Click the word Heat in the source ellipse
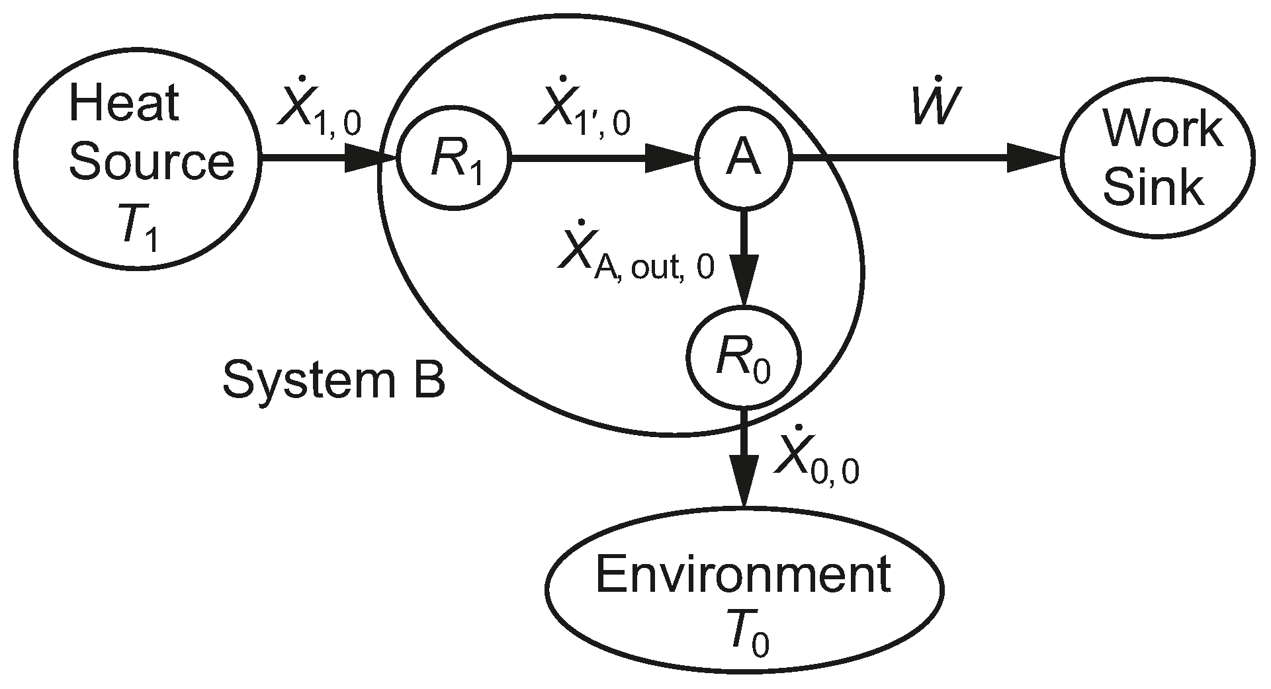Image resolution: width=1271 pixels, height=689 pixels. click(124, 104)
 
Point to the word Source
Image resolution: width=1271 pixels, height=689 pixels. click(152, 161)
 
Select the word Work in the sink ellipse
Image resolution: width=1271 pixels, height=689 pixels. click(1161, 128)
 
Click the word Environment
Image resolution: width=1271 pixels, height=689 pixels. click(743, 575)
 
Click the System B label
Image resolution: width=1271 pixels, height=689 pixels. click(333, 381)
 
